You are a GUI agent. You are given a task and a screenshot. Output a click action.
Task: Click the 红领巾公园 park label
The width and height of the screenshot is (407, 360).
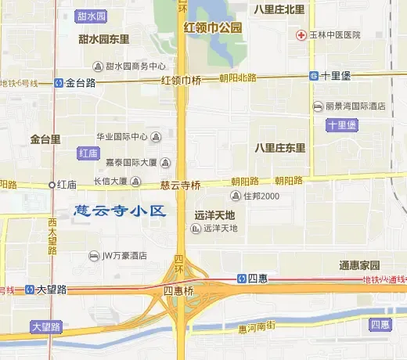click(213, 28)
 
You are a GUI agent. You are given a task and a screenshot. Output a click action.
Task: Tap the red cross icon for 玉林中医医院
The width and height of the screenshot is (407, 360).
click(301, 34)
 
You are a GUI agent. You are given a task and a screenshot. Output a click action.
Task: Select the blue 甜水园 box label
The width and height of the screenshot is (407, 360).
click(93, 16)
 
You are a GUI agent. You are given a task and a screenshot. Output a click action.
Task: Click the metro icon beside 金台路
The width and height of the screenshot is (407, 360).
click(59, 81)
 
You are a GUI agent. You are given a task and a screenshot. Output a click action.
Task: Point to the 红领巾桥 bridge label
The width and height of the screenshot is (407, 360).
click(181, 80)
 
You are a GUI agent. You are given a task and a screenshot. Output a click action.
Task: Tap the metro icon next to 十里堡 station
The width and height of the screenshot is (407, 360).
click(313, 76)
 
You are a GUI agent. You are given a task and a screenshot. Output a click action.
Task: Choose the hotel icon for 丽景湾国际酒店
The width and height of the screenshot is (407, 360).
click(318, 106)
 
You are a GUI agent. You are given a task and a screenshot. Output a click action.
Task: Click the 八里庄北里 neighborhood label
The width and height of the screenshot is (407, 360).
click(279, 9)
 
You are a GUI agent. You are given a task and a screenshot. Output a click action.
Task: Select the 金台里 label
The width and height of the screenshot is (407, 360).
click(45, 139)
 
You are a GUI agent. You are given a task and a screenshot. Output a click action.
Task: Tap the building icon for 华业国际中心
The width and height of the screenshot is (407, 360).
click(155, 137)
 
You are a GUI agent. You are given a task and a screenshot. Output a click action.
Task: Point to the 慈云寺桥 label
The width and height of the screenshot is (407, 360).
click(180, 185)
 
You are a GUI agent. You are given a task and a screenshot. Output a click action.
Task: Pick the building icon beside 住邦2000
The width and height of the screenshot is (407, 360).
click(235, 196)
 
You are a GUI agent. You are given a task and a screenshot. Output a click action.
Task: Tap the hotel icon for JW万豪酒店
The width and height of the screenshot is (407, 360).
click(94, 255)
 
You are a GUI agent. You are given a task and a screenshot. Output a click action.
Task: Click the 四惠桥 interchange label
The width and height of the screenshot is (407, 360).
click(178, 290)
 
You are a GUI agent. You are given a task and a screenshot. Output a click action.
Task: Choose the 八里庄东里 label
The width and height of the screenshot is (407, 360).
click(279, 147)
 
